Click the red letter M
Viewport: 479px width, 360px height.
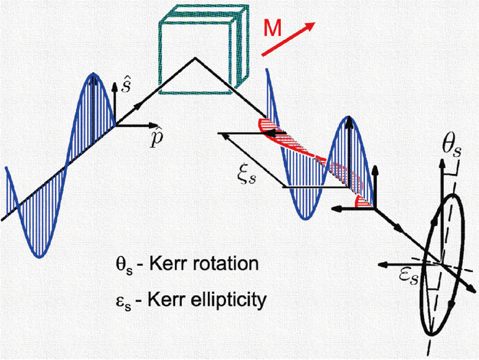[272, 29]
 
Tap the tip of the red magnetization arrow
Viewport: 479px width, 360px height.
[315, 22]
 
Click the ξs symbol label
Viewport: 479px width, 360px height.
[247, 176]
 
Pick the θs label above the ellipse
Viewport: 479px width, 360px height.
[452, 149]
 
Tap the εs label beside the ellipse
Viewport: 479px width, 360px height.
[408, 277]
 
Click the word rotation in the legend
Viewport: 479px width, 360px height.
[225, 263]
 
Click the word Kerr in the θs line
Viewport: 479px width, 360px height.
[168, 263]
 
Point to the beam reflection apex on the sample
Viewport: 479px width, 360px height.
[195, 58]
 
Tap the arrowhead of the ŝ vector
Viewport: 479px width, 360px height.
[114, 87]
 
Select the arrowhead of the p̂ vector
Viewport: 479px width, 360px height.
[153, 125]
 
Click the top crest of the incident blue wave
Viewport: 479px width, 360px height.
[94, 73]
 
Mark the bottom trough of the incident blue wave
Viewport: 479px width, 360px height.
[39, 257]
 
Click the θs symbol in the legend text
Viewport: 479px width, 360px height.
[124, 266]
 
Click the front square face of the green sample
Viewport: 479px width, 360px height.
[196, 58]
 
